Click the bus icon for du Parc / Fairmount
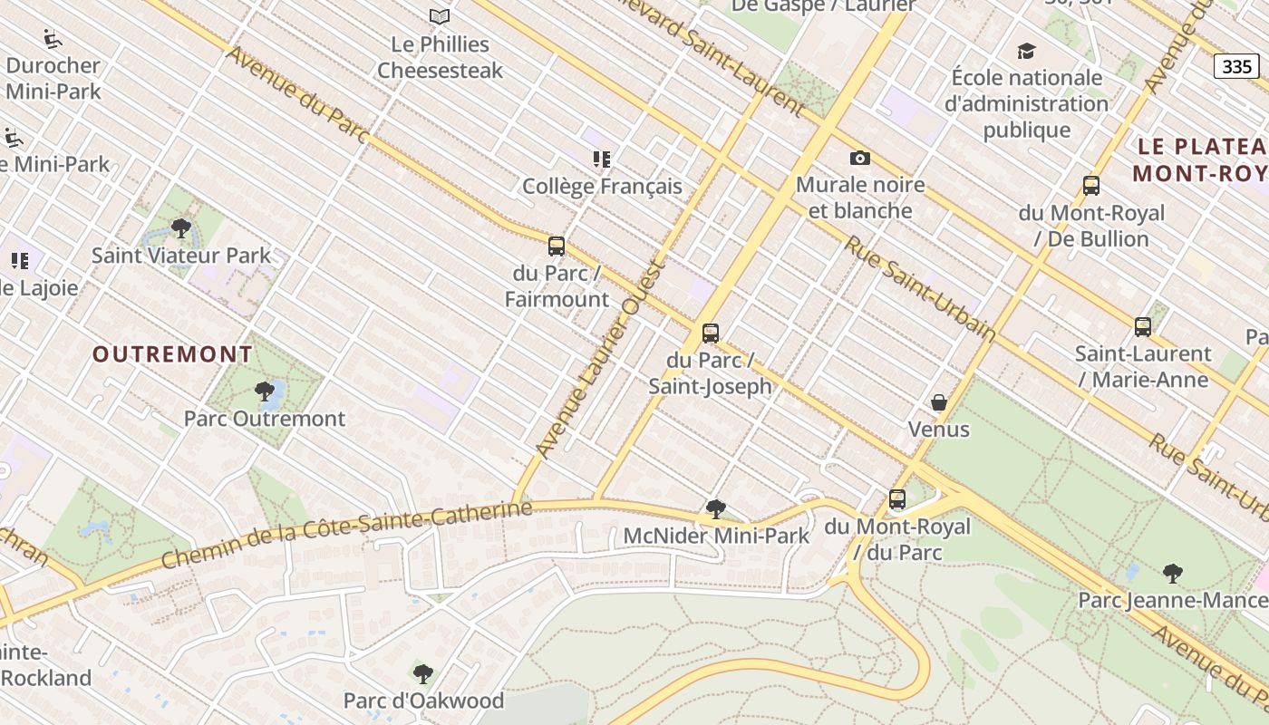[x=557, y=246]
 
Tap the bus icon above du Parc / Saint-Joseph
[x=711, y=333]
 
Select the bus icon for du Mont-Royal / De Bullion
[x=1091, y=186]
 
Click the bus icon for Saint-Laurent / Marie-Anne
[x=1143, y=327]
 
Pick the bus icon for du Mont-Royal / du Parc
[x=897, y=499]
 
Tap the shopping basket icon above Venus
[x=939, y=402]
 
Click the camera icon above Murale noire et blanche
[x=860, y=159]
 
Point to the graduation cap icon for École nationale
[x=1026, y=51]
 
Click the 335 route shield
[x=1237, y=66]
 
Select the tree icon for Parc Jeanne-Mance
[x=1173, y=574]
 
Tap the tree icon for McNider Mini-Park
[x=716, y=509]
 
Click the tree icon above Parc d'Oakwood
[x=423, y=674]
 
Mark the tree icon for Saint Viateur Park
[x=181, y=228]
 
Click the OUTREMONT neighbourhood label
[x=172, y=354]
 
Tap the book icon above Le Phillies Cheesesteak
[x=440, y=16]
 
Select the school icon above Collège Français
[x=602, y=160]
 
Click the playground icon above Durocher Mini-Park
[x=53, y=39]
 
